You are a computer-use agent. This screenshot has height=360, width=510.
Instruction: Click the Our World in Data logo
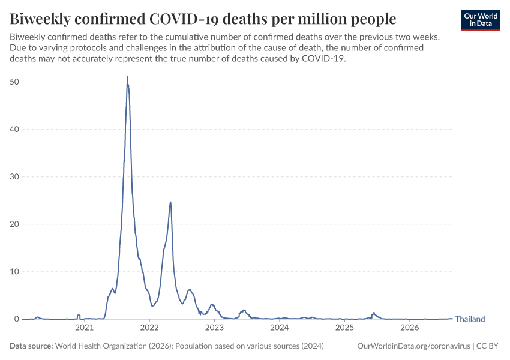pos(481,20)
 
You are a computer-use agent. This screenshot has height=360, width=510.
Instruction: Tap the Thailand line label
pos(470,319)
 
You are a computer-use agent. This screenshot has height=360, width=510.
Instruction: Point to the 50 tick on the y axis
pos(14,82)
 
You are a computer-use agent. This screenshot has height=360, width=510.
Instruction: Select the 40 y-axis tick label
pos(14,129)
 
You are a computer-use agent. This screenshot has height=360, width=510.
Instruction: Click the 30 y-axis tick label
pos(14,176)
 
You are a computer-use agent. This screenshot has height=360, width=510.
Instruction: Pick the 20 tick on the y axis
pos(14,224)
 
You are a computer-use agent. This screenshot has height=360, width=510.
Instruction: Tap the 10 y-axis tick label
pos(14,272)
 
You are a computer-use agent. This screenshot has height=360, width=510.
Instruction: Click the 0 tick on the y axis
pos(17,319)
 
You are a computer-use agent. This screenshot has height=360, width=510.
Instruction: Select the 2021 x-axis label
pos(84,328)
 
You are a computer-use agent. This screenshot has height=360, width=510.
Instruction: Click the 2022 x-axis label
pos(149,328)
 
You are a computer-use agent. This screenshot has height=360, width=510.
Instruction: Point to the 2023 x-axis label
pos(214,328)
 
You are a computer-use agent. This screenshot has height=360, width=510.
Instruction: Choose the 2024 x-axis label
pos(280,328)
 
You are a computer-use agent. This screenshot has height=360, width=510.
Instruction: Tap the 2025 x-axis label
pos(344,328)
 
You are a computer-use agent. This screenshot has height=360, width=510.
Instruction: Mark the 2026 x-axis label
pos(409,328)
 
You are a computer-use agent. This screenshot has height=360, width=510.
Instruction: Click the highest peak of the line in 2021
pos(127,77)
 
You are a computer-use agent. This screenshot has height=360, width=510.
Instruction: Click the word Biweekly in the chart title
pos(40,19)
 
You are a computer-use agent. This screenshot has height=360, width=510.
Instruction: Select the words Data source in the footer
pos(31,346)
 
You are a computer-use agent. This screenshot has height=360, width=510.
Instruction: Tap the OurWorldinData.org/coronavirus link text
pos(414,346)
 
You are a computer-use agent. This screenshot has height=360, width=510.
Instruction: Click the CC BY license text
pos(487,346)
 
